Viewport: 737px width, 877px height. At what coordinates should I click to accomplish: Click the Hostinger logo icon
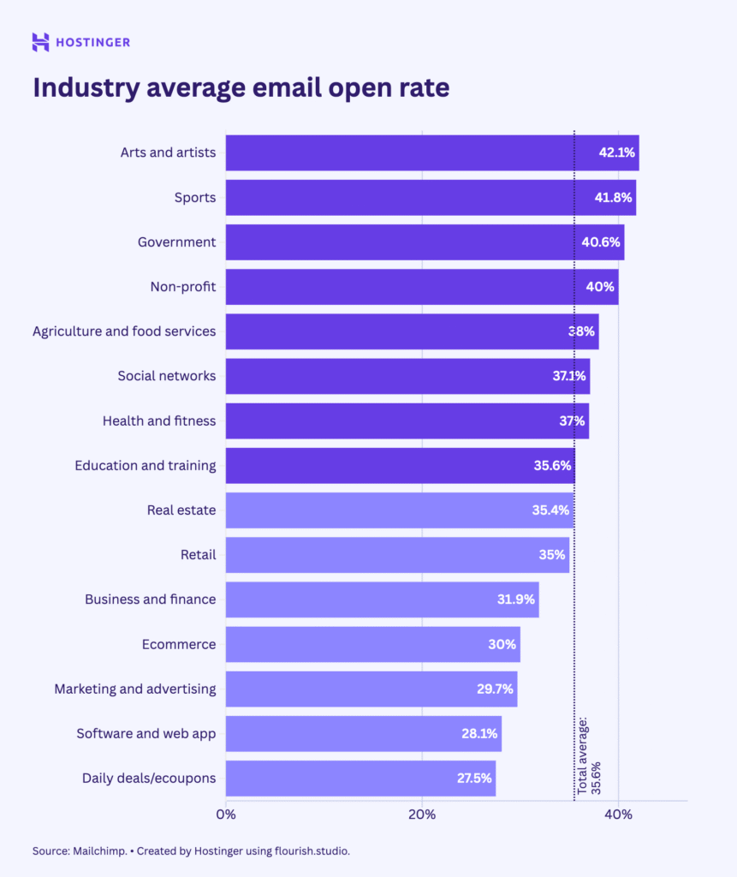pyautogui.click(x=40, y=42)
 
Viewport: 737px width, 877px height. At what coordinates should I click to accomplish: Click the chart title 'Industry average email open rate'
pyautogui.click(x=241, y=88)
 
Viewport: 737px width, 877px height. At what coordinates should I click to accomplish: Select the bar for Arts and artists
pyautogui.click(x=411, y=152)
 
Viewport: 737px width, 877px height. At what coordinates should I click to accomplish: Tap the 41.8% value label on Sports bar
pyautogui.click(x=613, y=198)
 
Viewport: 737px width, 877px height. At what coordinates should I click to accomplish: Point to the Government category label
pyautogui.click(x=176, y=242)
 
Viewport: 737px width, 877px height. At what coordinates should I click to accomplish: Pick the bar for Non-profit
pyautogui.click(x=411, y=287)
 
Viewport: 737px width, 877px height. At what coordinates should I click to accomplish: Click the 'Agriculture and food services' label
pyautogui.click(x=124, y=331)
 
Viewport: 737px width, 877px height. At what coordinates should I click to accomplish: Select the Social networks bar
pyautogui.click(x=402, y=376)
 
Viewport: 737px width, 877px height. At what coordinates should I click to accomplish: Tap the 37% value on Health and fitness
pyautogui.click(x=572, y=421)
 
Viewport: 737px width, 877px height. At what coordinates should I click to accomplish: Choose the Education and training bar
pyautogui.click(x=394, y=466)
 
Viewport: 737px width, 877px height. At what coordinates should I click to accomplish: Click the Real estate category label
pyautogui.click(x=181, y=510)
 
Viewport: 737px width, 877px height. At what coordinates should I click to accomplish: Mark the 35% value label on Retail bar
pyautogui.click(x=552, y=555)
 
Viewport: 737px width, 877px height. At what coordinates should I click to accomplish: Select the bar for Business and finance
pyautogui.click(x=377, y=600)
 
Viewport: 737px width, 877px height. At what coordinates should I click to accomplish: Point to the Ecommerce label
pyautogui.click(x=179, y=644)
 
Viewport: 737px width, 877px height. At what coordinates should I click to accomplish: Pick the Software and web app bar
pyautogui.click(x=360, y=734)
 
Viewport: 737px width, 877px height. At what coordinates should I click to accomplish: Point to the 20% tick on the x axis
pyautogui.click(x=422, y=814)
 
